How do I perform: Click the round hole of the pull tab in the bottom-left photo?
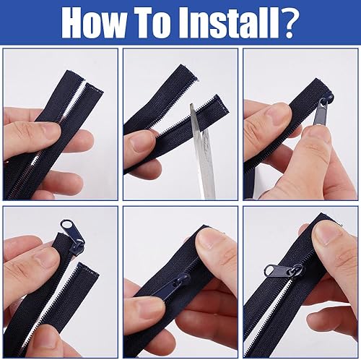(x=66, y=225)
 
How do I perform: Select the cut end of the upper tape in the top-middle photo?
(x=189, y=72)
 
